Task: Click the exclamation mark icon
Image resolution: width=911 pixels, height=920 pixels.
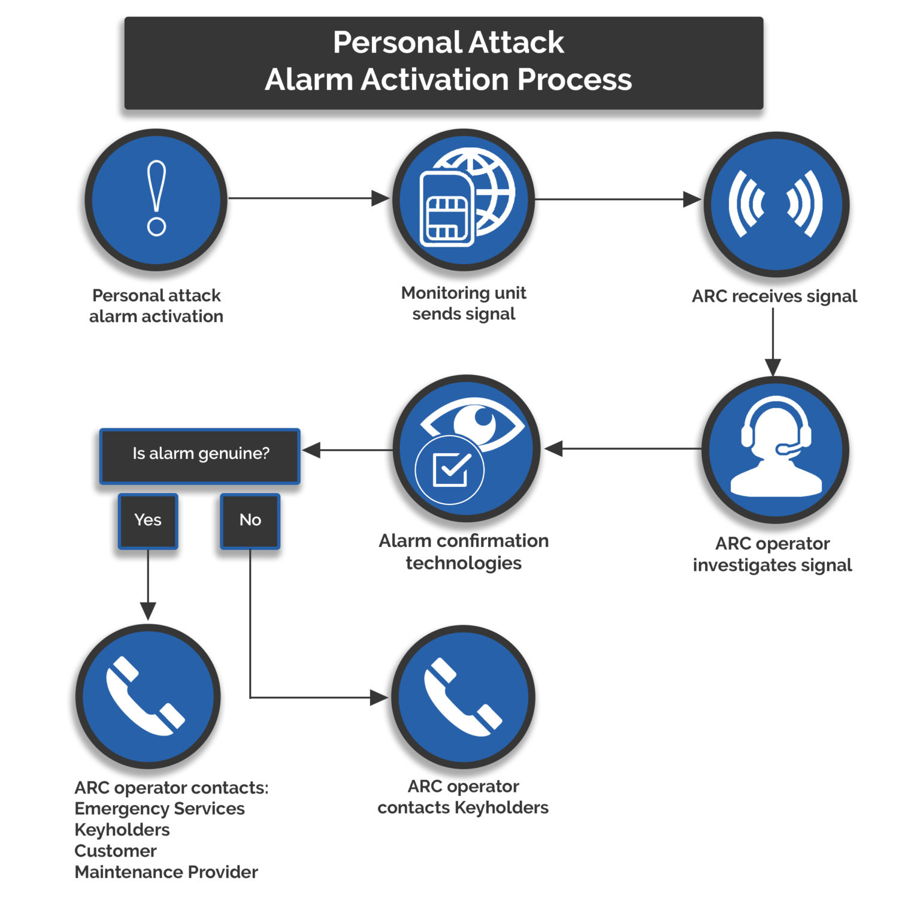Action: point(156,199)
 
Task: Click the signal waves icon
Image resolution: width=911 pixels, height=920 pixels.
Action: point(776,204)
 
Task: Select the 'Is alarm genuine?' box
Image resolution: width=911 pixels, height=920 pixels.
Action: point(200,454)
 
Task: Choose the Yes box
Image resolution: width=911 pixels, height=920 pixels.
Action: point(148,520)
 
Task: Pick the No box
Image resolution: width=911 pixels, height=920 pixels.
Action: point(250,520)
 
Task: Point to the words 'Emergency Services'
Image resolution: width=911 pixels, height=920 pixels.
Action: point(159,809)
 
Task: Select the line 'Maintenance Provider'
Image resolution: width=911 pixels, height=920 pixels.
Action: point(166,872)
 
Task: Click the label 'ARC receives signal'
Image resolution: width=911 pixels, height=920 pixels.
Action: point(774,296)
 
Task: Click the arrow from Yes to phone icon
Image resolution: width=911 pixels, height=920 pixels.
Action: point(148,584)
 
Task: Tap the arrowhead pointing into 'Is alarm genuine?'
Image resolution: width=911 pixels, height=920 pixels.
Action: point(311,450)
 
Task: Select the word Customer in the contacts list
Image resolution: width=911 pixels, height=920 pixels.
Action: point(116,851)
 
